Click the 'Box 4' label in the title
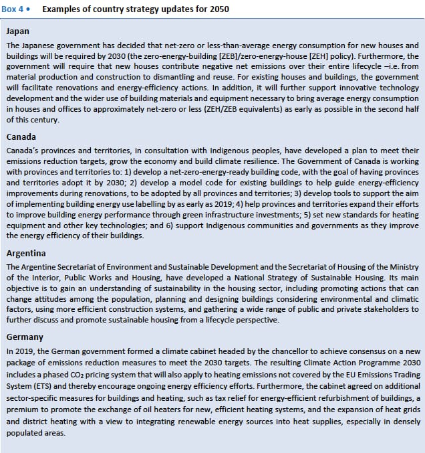[15, 10]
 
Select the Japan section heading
[17, 31]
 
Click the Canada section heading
[21, 137]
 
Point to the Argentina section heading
[26, 254]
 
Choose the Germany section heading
[24, 337]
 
